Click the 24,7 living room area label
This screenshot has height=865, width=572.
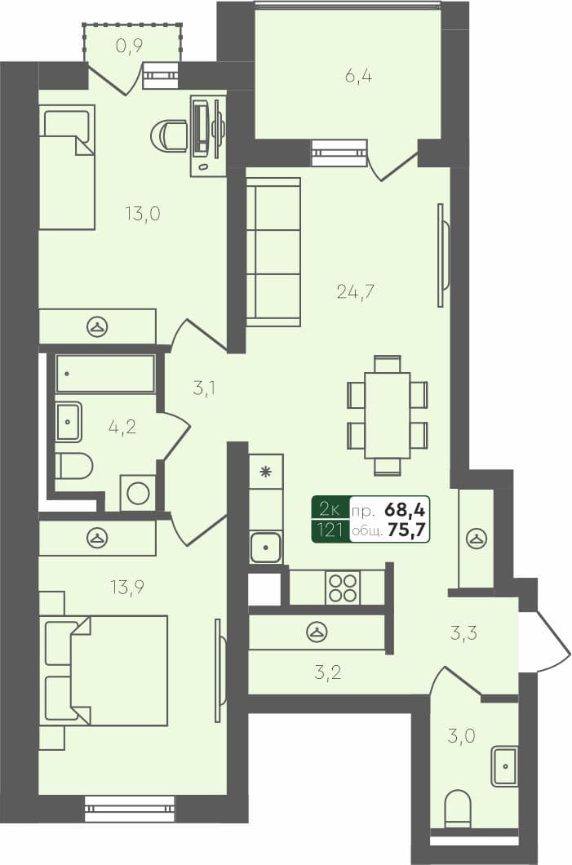355,291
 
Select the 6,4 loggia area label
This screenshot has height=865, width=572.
355,78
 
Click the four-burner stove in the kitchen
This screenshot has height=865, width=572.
343,588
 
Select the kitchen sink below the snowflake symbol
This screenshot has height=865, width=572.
266,547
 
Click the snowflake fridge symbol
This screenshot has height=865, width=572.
265,472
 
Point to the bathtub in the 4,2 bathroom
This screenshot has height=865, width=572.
105,374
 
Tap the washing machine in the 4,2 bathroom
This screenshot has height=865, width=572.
138,493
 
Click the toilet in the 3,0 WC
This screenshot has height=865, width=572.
458,808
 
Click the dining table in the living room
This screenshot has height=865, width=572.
387,415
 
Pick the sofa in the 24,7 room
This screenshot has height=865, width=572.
273,252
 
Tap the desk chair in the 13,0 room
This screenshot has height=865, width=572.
172,135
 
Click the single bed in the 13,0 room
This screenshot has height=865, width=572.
67,167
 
